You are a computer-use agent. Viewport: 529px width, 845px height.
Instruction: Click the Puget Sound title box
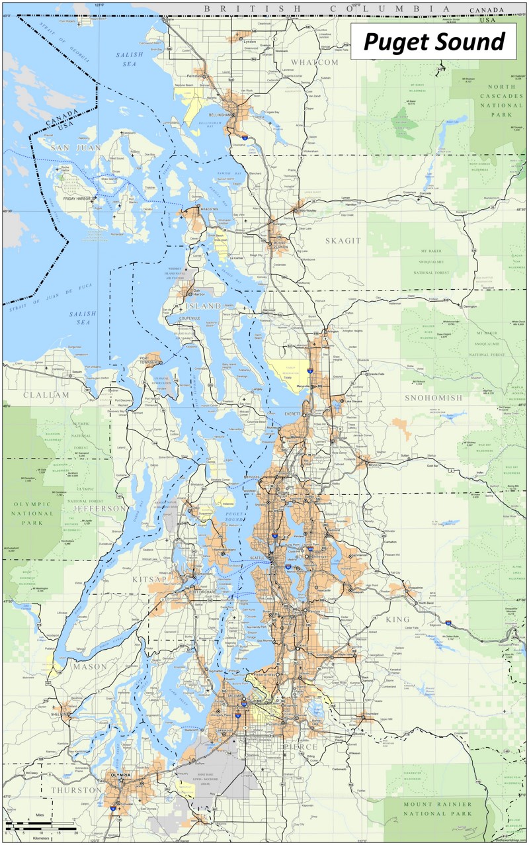click(433, 42)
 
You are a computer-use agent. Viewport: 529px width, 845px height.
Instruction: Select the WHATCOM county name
click(315, 62)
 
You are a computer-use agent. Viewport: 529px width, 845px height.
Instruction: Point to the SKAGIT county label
click(343, 241)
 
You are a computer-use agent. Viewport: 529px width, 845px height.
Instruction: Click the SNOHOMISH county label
click(434, 398)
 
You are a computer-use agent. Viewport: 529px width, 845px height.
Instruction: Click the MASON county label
click(90, 666)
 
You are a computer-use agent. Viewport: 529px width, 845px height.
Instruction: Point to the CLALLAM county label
click(46, 395)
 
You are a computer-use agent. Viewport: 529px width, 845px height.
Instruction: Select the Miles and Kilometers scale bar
click(41, 828)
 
